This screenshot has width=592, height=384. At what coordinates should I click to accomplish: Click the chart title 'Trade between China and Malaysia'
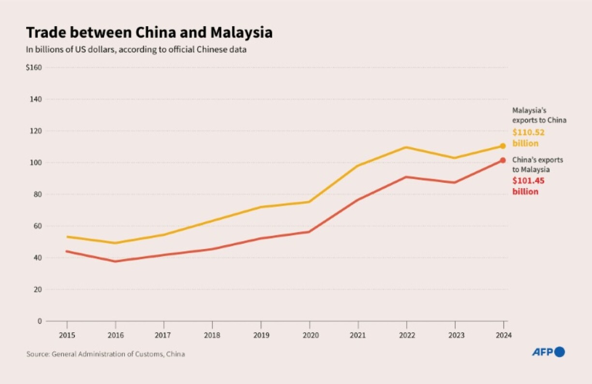(149, 32)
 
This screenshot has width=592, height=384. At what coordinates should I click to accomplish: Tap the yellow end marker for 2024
(503, 146)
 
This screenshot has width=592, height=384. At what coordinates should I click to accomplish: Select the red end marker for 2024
(503, 160)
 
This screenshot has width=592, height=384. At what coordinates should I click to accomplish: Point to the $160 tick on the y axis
(34, 67)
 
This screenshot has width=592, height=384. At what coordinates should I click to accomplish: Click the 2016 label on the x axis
(115, 335)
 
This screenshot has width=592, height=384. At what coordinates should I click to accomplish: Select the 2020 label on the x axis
(309, 335)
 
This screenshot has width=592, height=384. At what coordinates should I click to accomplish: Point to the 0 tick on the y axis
(40, 321)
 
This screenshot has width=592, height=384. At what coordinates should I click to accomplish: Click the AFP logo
(548, 352)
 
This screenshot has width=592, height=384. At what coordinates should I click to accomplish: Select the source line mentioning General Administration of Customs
(105, 354)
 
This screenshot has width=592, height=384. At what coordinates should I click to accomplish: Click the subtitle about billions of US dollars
(136, 49)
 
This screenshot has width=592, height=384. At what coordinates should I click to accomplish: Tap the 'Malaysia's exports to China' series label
(539, 115)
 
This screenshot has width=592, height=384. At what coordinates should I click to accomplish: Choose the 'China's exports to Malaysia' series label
(537, 164)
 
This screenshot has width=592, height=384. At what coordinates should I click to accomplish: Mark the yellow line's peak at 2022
(406, 147)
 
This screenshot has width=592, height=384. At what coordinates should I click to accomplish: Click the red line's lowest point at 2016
(115, 262)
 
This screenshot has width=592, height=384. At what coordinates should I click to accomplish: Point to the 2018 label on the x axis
(212, 335)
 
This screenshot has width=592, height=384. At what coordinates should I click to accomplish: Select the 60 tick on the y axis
(38, 226)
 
